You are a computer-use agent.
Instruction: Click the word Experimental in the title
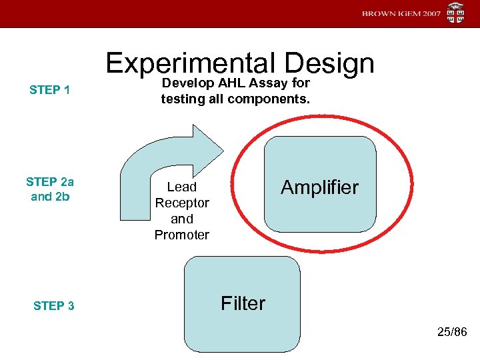(191, 64)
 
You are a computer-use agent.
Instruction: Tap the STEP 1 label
(50, 90)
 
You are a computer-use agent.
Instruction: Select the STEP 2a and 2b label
(50, 189)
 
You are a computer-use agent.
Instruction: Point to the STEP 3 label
(54, 306)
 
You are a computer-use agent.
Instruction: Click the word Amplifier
(319, 187)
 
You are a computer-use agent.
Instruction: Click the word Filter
(243, 303)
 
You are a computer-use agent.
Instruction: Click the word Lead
(181, 187)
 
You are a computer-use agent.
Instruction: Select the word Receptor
(182, 203)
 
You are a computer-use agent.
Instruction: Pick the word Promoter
(181, 235)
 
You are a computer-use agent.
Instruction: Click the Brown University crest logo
(456, 13)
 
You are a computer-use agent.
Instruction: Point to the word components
(269, 99)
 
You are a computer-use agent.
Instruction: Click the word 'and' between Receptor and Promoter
(181, 219)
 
